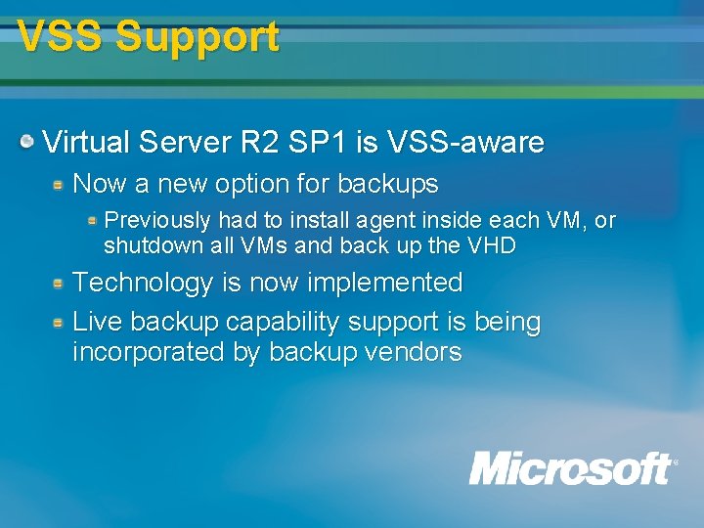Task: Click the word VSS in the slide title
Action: point(61,37)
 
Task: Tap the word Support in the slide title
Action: point(197,37)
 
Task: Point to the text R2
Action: point(259,143)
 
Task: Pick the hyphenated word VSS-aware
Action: point(465,143)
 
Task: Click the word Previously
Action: point(157,220)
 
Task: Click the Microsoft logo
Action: point(572,467)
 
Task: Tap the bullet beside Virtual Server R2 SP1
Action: point(29,143)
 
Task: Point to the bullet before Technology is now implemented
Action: point(60,284)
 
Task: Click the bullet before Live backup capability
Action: point(60,322)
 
